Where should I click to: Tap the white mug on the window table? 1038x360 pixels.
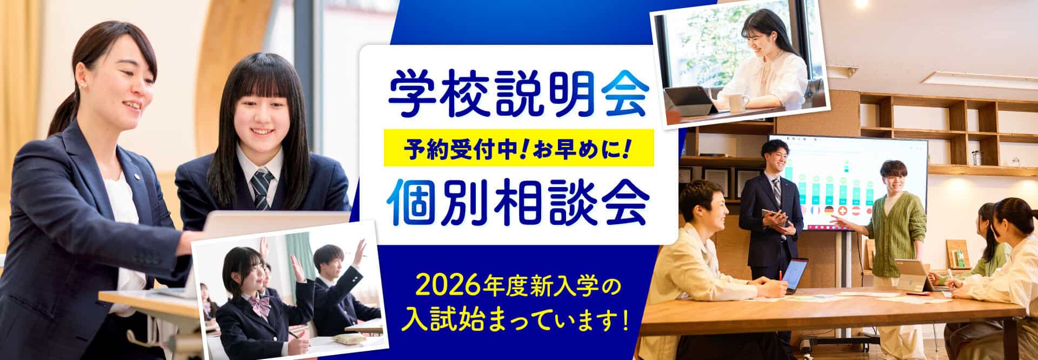click(x=738, y=103)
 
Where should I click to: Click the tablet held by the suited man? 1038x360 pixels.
click(x=774, y=217)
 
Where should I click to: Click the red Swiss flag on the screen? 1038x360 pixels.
click(x=843, y=210)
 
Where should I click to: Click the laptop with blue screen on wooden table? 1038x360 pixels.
click(x=795, y=275)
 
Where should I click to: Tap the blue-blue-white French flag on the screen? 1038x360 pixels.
click(x=816, y=210)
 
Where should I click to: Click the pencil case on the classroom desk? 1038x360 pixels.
click(x=342, y=338)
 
